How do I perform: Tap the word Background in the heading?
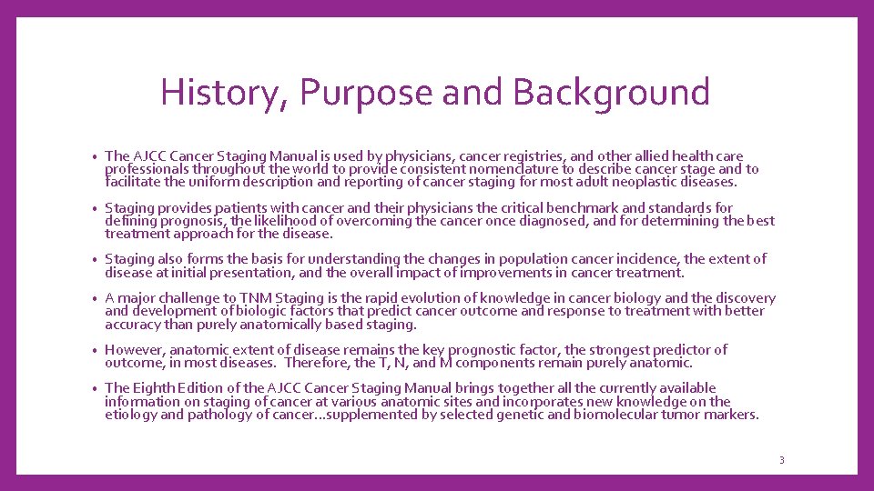coord(611,93)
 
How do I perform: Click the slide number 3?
coord(781,460)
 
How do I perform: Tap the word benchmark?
coord(584,208)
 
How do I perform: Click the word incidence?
coord(646,259)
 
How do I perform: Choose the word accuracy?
coord(134,325)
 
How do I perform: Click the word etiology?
coord(131,415)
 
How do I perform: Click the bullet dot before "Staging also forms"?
coord(95,260)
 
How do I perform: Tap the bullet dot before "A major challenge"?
coord(95,299)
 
